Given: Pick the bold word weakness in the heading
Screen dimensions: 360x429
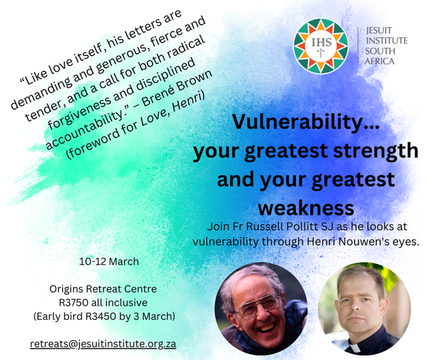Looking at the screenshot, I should (305, 207).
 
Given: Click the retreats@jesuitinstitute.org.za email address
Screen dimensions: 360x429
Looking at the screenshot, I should (103, 344).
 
